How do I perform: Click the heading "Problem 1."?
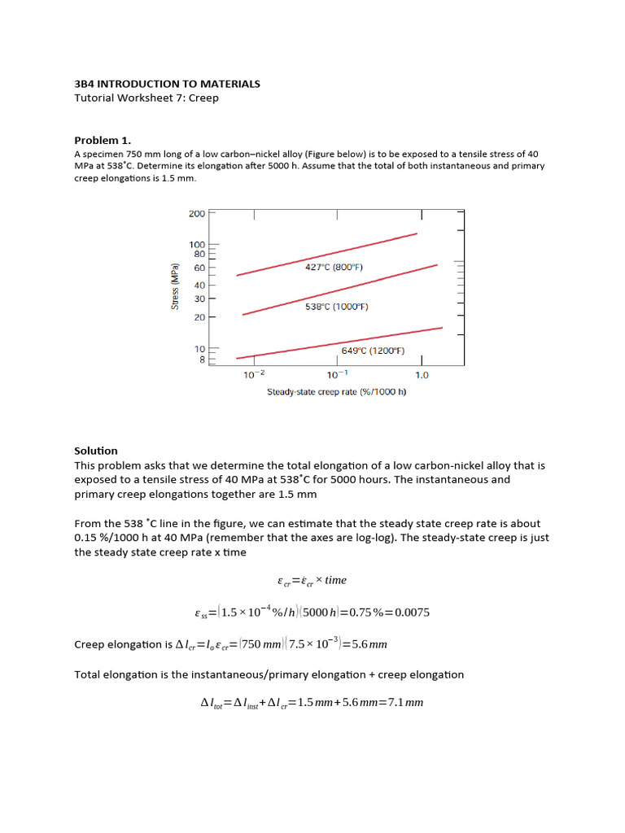(103, 139)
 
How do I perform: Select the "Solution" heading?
(96, 451)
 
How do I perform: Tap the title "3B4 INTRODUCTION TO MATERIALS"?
(167, 84)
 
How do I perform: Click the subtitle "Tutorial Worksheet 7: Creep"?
(146, 98)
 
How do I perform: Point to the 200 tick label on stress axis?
(196, 214)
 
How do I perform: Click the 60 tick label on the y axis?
(199, 268)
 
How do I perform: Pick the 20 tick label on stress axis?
(199, 317)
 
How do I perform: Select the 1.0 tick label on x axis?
(422, 375)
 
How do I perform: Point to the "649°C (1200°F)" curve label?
(373, 351)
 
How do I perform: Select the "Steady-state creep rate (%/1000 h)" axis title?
(337, 392)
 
